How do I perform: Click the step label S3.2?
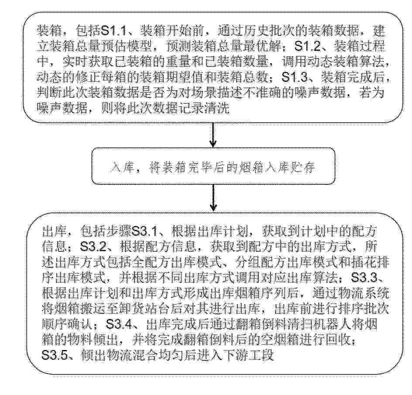(93, 247)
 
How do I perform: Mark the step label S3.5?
(55, 355)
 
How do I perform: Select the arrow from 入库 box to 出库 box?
(213, 197)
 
